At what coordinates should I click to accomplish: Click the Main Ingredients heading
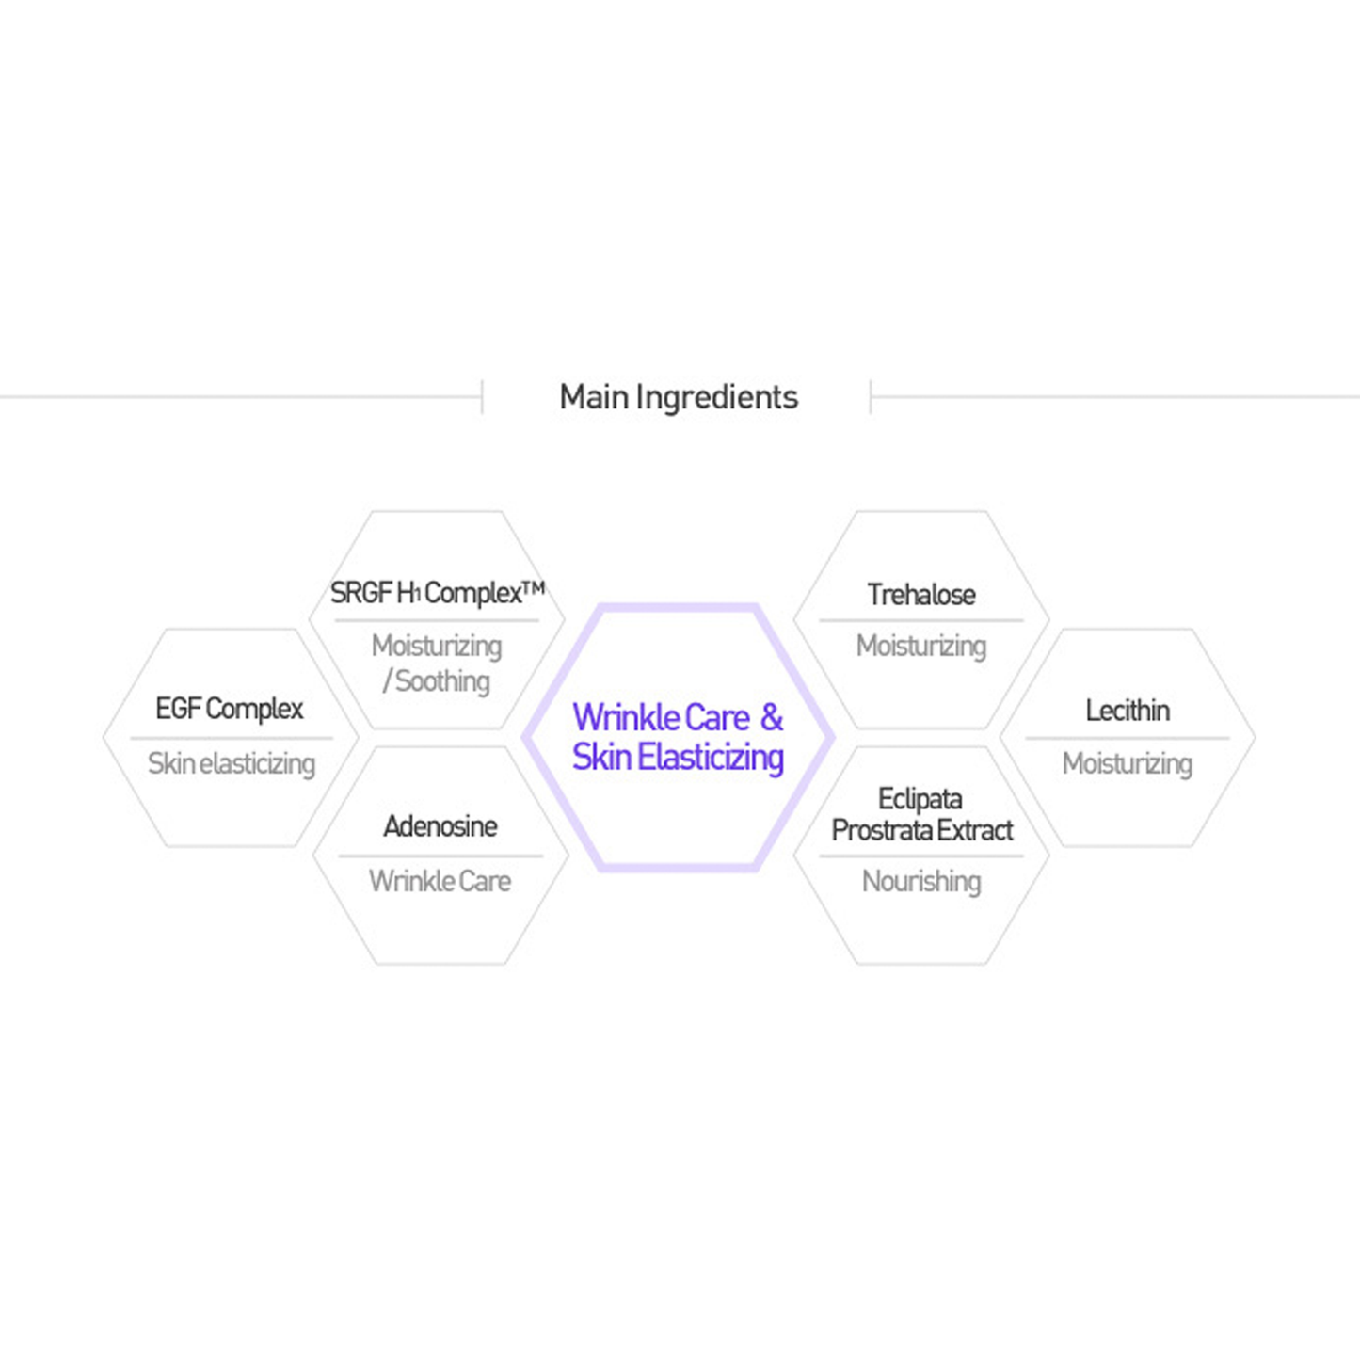(x=679, y=397)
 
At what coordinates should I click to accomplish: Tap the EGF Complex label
(x=230, y=709)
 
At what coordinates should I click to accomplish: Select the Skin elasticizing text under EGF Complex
(x=232, y=763)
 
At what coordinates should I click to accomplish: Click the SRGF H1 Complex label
(x=425, y=593)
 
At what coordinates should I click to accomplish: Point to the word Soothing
(x=442, y=680)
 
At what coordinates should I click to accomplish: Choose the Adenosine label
(x=440, y=826)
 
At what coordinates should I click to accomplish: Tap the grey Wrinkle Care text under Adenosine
(x=440, y=881)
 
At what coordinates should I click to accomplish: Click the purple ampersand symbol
(x=772, y=717)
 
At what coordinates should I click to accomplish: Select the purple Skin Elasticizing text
(x=678, y=757)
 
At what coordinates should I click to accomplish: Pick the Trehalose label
(x=921, y=595)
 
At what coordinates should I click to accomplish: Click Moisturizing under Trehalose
(x=921, y=646)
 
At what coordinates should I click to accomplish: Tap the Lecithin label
(x=1128, y=710)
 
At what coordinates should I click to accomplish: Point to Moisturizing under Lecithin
(x=1128, y=763)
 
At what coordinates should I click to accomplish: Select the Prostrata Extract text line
(x=922, y=830)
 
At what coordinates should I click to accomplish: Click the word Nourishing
(x=921, y=881)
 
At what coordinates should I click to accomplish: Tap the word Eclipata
(x=920, y=799)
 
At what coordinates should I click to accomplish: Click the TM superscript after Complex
(x=534, y=588)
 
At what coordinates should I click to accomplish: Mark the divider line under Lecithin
(x=1128, y=738)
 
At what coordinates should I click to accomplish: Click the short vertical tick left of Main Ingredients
(x=483, y=397)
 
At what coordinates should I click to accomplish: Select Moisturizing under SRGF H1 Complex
(x=437, y=646)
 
